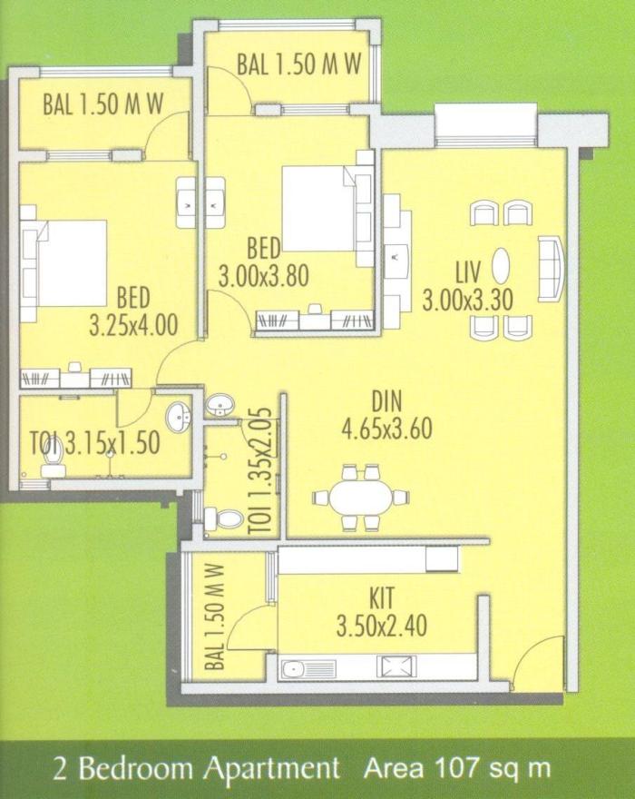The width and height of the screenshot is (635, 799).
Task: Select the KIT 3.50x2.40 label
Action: (381, 613)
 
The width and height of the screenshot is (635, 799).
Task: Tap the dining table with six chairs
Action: (360, 498)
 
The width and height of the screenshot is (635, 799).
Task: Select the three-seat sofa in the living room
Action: (550, 268)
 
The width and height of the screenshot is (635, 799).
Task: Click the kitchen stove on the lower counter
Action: (396, 669)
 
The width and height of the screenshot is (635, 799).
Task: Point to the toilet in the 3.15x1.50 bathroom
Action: (53, 451)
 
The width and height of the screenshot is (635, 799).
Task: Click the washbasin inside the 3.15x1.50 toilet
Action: (180, 416)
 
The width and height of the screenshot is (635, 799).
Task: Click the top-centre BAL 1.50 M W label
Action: (299, 65)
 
